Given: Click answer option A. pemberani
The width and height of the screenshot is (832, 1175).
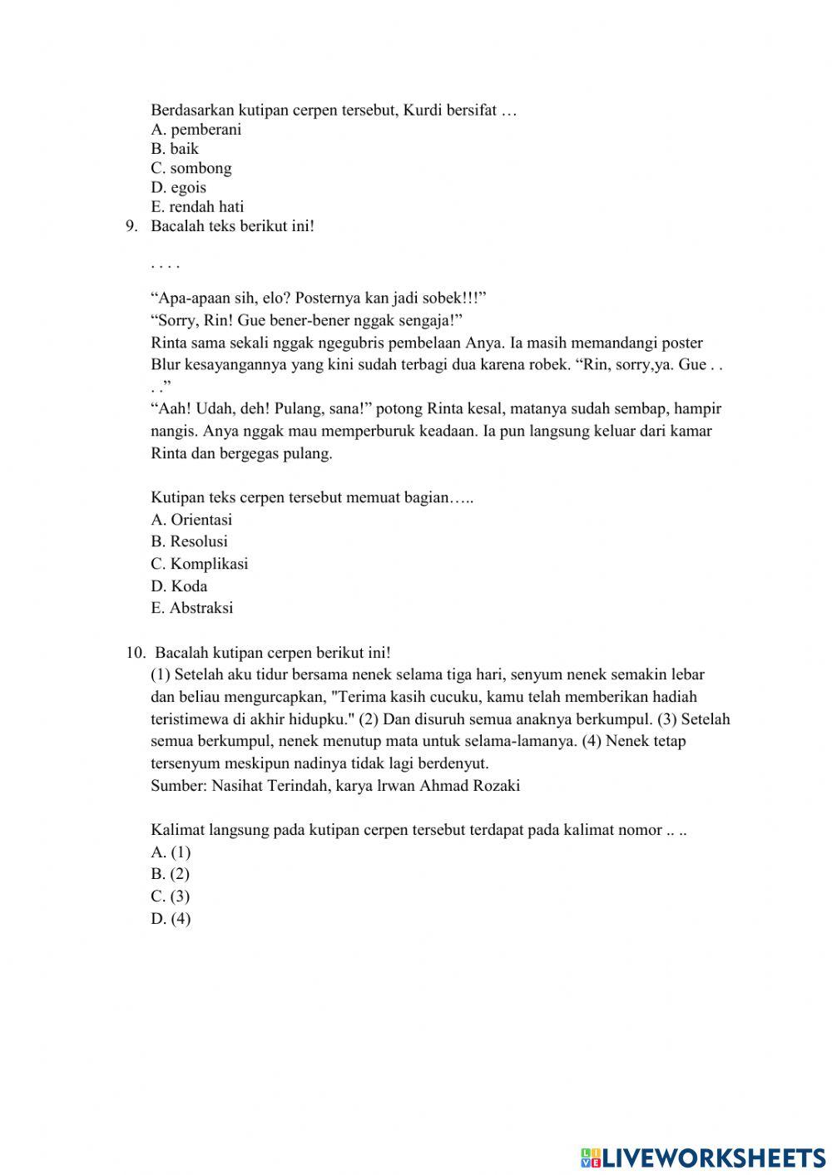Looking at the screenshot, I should point(196,130).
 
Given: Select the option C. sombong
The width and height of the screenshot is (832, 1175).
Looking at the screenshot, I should point(191,168).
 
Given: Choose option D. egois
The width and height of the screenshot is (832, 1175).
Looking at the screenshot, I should point(179,187).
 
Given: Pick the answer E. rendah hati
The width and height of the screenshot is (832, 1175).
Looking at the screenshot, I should point(197,207).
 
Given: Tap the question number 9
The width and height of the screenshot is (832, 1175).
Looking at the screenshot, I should point(131,226).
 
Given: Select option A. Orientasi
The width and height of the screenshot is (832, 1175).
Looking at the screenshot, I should point(191,520).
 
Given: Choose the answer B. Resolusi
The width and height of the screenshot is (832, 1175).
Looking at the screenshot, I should point(189,541).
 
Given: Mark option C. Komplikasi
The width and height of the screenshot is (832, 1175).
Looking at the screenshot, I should point(200,564).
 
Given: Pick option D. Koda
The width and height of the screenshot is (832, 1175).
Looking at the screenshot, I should point(179,586).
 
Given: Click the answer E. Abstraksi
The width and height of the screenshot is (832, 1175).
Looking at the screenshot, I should point(192,608).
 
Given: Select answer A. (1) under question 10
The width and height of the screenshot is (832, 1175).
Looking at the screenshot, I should point(171,852).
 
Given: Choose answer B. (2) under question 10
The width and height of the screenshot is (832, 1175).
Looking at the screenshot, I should point(171,874).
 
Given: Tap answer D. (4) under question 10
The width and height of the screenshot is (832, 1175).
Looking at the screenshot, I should point(171,919).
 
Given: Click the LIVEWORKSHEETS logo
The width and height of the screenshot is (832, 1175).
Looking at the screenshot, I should point(703,1157).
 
